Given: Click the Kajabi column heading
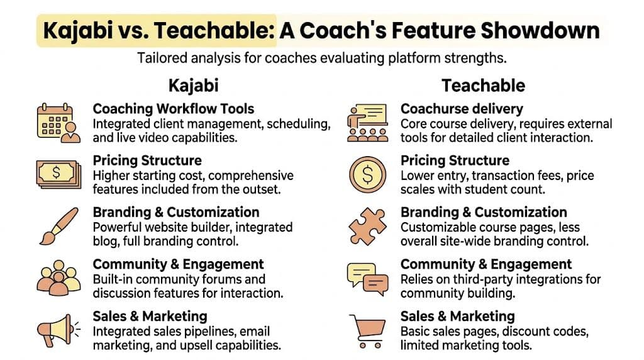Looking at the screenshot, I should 193,84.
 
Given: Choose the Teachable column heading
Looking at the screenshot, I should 483,84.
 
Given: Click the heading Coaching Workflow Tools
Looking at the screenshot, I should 174,109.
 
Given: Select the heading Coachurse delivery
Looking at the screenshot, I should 462,109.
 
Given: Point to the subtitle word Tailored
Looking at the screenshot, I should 160,59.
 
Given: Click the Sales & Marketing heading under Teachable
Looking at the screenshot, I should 457,316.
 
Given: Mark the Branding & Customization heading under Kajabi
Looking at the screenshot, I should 176,212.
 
